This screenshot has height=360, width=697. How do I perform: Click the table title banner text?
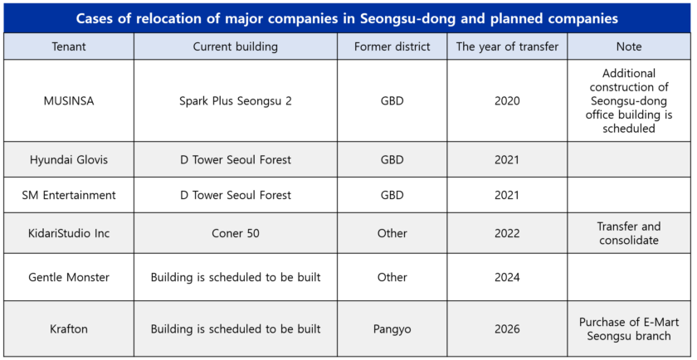[x=347, y=19]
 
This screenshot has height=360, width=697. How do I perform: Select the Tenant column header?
[x=69, y=46]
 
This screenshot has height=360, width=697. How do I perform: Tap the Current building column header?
[x=236, y=46]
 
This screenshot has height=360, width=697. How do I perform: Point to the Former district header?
[x=392, y=46]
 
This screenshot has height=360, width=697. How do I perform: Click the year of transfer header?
[x=507, y=46]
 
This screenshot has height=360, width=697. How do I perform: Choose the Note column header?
[x=629, y=46]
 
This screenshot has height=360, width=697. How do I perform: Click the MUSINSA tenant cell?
[x=69, y=101]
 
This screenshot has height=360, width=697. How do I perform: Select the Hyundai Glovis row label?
[x=69, y=159]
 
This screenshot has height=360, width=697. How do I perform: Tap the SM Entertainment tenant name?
[x=69, y=195]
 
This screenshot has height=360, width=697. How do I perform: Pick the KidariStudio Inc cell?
[x=69, y=233]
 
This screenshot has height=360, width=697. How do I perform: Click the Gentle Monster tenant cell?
[x=69, y=277]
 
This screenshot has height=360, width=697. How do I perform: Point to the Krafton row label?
[x=69, y=329]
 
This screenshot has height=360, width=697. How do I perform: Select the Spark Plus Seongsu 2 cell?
[x=236, y=101]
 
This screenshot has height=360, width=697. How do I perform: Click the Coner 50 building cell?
[x=236, y=233]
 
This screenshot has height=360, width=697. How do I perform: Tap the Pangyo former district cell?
[x=392, y=329]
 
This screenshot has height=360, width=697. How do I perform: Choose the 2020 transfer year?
[x=507, y=101]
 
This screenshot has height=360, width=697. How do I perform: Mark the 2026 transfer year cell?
[x=507, y=329]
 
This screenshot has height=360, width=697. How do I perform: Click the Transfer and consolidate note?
[x=629, y=233]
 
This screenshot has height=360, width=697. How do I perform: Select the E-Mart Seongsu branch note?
[x=629, y=329]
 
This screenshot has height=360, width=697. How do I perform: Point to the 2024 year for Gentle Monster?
[x=507, y=277]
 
